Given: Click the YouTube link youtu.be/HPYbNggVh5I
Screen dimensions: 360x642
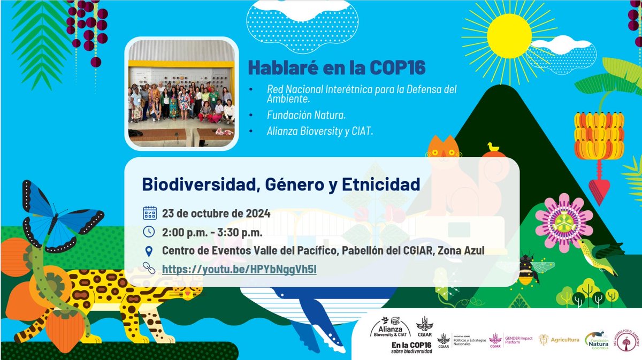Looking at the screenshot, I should pyautogui.click(x=239, y=269).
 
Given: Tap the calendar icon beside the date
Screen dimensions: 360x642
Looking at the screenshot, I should pyautogui.click(x=150, y=213).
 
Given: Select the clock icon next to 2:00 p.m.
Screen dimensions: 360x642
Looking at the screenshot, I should pyautogui.click(x=150, y=232).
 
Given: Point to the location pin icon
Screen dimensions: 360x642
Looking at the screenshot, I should pyautogui.click(x=150, y=250).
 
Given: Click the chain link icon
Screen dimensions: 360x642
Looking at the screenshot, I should pyautogui.click(x=150, y=269).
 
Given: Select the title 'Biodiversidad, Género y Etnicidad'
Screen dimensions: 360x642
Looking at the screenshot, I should pyautogui.click(x=281, y=184).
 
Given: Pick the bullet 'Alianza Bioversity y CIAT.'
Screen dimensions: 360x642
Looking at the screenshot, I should pyautogui.click(x=319, y=130).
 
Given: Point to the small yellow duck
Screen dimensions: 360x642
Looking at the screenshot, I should pyautogui.click(x=493, y=148).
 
